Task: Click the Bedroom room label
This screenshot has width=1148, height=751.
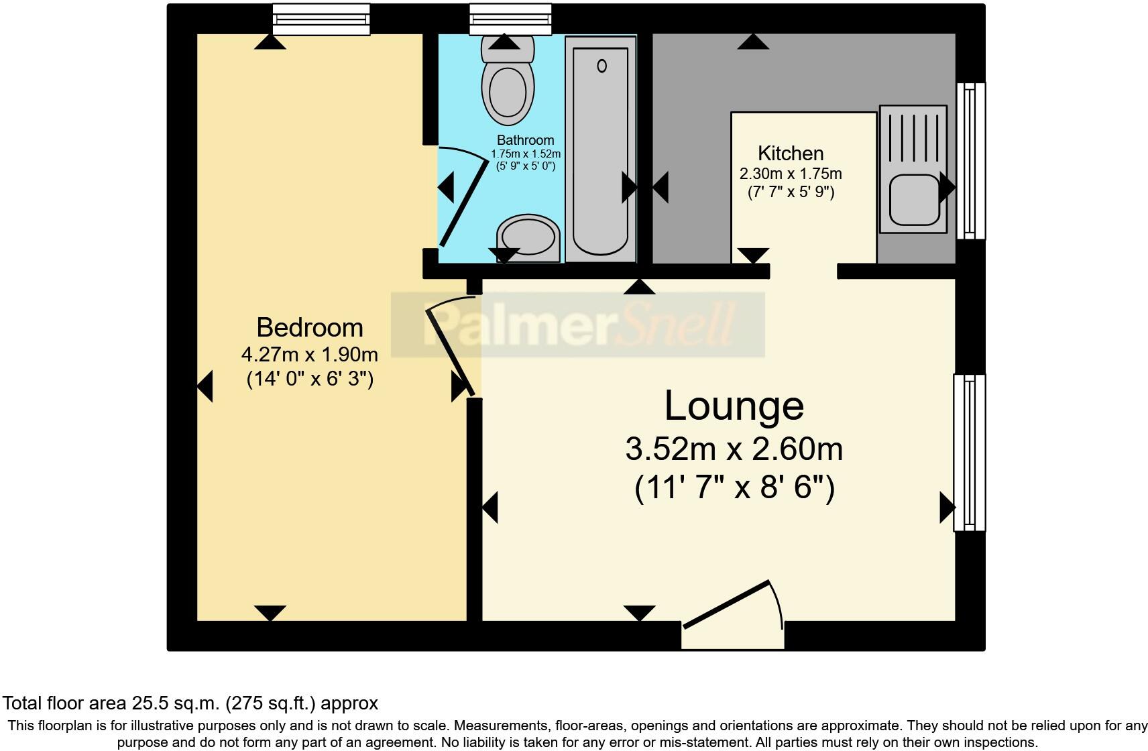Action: click(310, 328)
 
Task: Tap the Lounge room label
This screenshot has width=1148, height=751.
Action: click(734, 406)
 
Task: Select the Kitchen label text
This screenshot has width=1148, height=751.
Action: click(791, 153)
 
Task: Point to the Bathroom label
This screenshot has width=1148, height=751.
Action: click(525, 140)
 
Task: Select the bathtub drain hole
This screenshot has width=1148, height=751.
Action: click(601, 66)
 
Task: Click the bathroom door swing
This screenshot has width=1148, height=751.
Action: click(461, 198)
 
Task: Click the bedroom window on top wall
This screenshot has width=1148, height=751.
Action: click(321, 19)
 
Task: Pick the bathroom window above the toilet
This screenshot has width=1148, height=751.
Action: click(510, 19)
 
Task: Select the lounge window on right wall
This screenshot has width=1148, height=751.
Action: click(970, 453)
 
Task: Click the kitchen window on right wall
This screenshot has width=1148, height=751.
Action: click(971, 160)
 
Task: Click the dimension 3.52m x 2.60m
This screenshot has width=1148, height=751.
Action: click(734, 449)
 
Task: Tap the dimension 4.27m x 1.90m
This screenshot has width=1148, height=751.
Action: click(309, 354)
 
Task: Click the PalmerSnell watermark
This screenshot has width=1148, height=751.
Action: click(578, 325)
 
